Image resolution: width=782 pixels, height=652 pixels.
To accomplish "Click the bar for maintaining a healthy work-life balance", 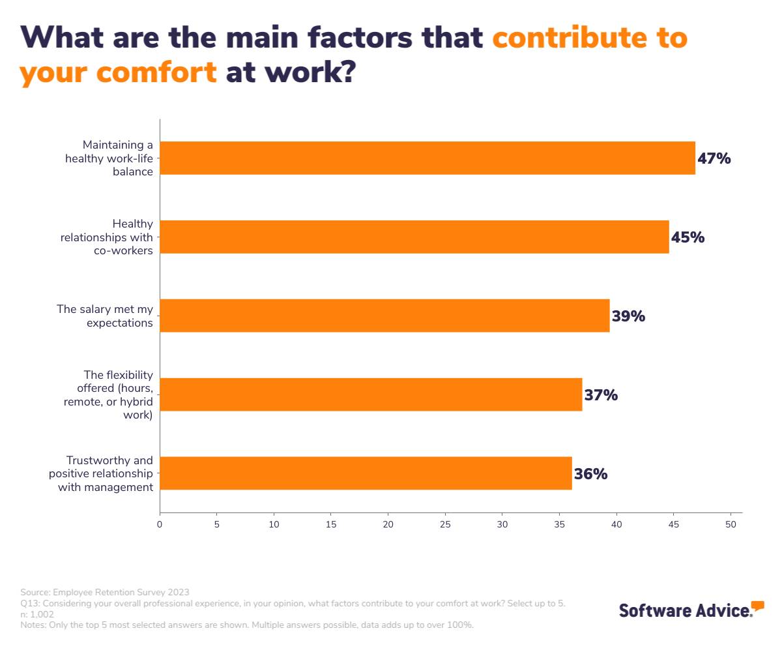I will [x=427, y=158].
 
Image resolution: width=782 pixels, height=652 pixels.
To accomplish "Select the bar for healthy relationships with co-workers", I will [x=414, y=237].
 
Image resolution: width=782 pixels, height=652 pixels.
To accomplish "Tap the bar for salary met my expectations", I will [x=384, y=316].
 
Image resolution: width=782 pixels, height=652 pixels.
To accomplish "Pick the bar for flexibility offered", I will [x=371, y=394].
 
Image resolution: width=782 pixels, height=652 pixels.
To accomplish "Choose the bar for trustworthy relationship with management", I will [x=366, y=473].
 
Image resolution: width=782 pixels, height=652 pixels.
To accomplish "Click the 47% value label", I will [x=714, y=158].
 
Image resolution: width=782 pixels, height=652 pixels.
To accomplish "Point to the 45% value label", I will [x=688, y=237].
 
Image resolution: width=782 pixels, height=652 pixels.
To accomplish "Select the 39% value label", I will [x=628, y=316].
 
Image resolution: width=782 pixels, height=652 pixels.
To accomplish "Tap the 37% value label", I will [x=601, y=395].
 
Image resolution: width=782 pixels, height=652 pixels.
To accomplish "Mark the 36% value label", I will [x=591, y=474].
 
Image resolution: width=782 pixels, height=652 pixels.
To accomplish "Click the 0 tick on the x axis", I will [x=160, y=524].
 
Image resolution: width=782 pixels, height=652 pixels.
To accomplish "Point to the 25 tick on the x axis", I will [x=445, y=524].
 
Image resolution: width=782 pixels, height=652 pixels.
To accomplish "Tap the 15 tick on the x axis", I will [x=331, y=524].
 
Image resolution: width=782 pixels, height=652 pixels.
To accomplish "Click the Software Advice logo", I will [x=691, y=610].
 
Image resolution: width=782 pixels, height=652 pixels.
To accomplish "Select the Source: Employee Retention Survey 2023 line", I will [x=105, y=592].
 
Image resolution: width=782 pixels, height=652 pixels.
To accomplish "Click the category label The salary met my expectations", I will [x=105, y=316].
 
